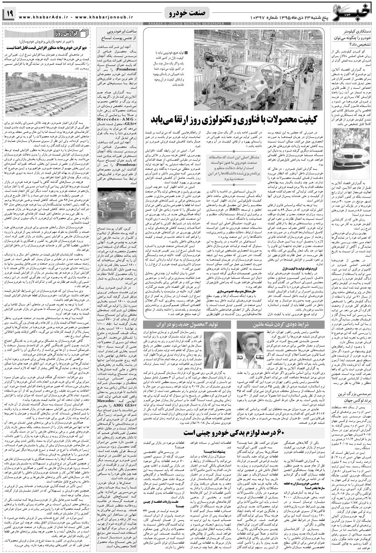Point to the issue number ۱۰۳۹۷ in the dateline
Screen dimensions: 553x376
pyautogui.click(x=255, y=17)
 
